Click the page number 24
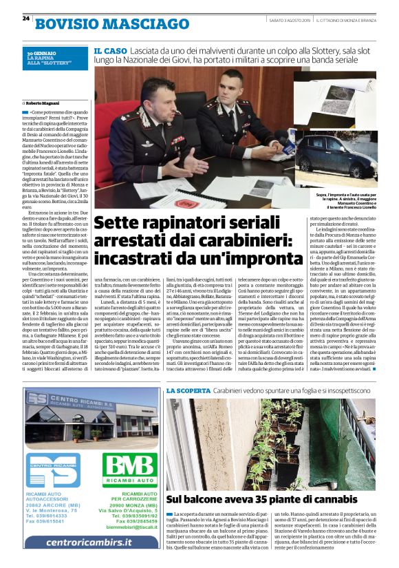tap(25, 19)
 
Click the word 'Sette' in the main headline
tap(122, 224)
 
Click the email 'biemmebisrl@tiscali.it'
tap(129, 528)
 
